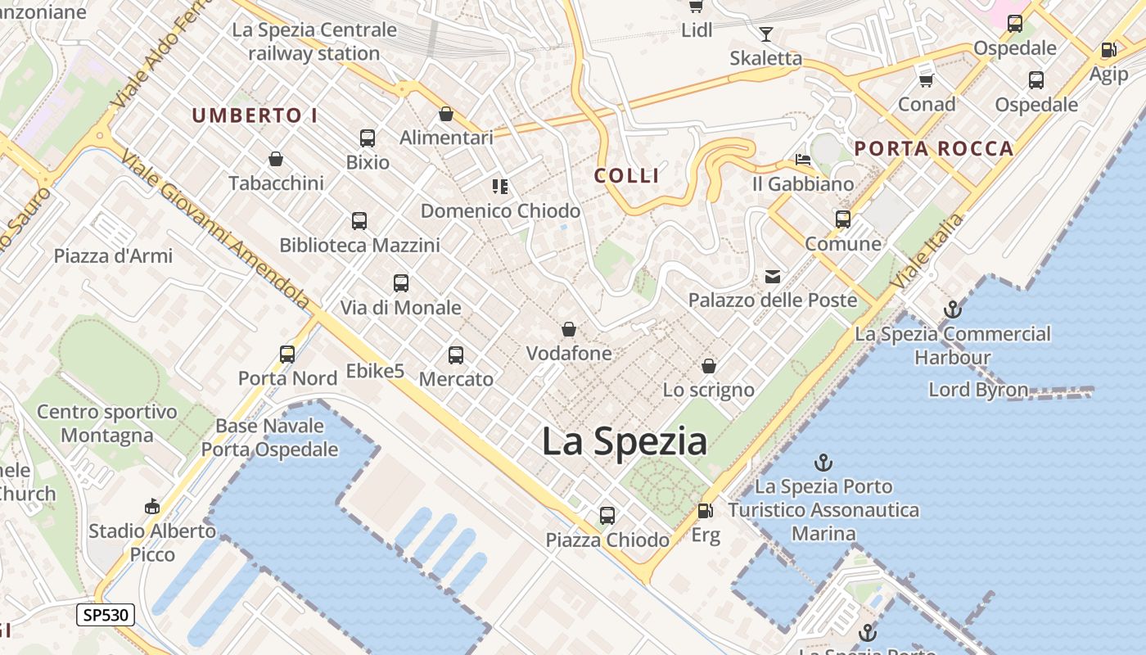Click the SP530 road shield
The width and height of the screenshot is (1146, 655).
click(106, 615)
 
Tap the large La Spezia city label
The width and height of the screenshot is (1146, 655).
click(625, 442)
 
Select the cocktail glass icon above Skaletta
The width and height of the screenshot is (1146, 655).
click(766, 34)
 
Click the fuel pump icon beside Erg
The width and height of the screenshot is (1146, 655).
click(704, 512)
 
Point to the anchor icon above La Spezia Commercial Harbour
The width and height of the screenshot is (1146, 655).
click(952, 309)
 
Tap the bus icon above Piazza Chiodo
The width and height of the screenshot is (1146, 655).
click(607, 516)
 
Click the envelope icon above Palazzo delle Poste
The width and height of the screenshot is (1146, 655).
click(773, 277)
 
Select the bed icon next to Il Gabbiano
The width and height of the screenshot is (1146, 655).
click(803, 160)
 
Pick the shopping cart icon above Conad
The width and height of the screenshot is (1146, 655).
click(927, 80)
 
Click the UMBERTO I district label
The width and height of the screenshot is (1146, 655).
click(255, 116)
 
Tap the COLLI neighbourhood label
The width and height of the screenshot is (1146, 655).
click(627, 175)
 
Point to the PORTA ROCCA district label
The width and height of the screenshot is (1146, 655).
click(934, 149)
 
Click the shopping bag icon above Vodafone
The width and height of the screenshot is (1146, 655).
click(569, 330)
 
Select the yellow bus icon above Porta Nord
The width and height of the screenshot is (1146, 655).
click(287, 355)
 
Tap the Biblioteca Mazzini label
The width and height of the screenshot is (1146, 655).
click(360, 245)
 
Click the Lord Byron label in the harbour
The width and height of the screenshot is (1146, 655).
click(978, 390)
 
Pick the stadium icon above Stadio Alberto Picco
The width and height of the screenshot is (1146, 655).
click(152, 507)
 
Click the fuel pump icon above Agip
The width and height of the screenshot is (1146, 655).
click(1109, 50)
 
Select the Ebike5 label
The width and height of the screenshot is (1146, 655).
click(376, 371)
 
